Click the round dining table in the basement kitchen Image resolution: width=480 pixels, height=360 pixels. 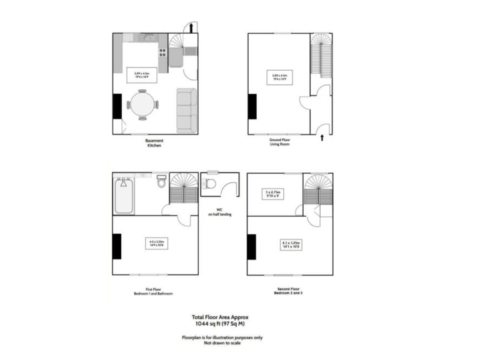143,104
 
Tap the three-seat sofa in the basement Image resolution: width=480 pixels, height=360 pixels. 186,111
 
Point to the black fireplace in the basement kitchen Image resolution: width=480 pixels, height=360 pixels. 117,106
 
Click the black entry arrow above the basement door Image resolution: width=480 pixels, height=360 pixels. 191,26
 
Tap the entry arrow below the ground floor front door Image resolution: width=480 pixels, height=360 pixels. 321,137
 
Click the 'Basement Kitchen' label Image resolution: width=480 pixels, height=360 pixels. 154,143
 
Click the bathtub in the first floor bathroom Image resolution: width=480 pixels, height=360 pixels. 124,196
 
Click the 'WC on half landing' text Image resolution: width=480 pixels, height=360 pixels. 219,212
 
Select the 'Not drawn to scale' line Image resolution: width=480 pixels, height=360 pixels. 222,342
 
